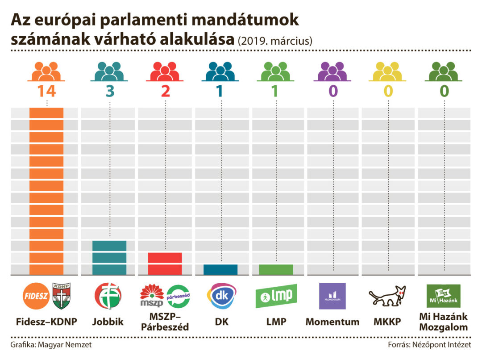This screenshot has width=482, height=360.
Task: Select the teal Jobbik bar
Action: point(109,258)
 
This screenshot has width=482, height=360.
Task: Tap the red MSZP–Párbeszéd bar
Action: point(165,264)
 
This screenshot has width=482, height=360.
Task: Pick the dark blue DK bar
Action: point(220,269)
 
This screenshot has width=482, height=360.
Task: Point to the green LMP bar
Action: point(276,269)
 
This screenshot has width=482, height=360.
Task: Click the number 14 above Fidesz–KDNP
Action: point(46,91)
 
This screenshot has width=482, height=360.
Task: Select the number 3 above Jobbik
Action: point(109,91)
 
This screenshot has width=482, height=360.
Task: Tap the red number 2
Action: point(165,91)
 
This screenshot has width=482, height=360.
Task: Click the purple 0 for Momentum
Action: point(333,91)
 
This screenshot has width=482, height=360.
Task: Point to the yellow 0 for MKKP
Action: point(388,91)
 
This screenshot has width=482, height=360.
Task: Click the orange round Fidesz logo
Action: point(36,296)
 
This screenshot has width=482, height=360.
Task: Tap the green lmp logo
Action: point(276,296)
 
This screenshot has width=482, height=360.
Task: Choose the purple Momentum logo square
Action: point(332,296)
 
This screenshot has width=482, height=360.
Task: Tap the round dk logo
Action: point(220,296)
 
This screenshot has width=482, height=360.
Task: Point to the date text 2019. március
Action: point(274,41)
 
